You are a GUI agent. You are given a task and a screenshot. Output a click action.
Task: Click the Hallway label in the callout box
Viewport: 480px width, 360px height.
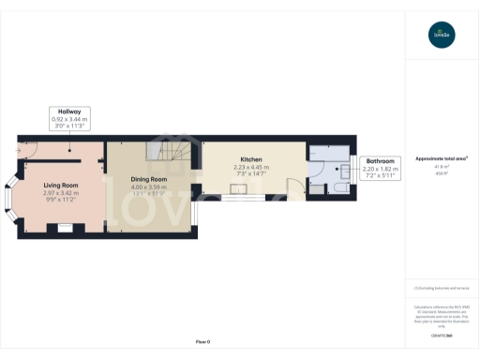coord(69,112)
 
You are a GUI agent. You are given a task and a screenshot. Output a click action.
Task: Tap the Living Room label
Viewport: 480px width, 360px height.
coord(59,185)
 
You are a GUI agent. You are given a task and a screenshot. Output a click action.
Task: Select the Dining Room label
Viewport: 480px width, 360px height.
coord(148,178)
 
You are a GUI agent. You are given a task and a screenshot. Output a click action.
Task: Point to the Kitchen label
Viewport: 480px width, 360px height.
coord(250,159)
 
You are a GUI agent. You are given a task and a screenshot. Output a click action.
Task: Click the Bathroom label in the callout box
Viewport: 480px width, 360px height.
coord(380,161)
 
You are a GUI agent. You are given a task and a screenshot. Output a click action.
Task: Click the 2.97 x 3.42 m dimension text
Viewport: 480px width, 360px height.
coord(59,192)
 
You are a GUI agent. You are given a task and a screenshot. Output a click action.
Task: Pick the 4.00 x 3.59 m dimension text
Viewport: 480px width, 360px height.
coord(148,186)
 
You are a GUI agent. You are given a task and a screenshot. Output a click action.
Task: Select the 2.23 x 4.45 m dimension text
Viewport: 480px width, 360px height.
coord(250,167)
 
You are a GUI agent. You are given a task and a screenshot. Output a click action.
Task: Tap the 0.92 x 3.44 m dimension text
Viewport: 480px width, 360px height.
coord(69,119)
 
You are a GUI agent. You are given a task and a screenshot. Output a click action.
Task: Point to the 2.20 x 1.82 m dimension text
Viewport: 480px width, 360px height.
coord(380,168)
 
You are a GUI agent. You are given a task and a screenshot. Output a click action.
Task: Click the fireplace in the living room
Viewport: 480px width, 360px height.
coord(65,227)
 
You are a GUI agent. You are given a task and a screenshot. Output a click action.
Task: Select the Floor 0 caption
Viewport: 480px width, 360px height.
coord(202,341)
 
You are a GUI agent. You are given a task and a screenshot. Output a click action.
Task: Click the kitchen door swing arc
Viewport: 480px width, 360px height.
coord(294,187)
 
